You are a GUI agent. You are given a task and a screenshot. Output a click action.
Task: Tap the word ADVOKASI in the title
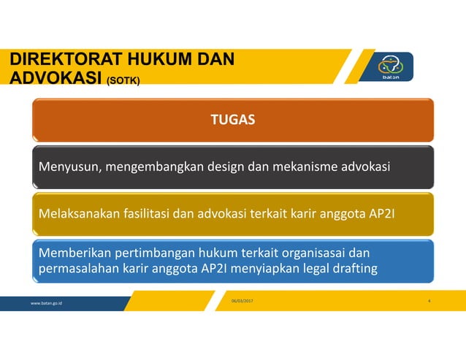51,77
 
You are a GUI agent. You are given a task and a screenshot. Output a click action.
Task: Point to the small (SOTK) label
126,80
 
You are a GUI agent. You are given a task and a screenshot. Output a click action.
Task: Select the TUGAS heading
232,120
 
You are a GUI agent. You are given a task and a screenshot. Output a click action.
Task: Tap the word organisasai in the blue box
312,253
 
